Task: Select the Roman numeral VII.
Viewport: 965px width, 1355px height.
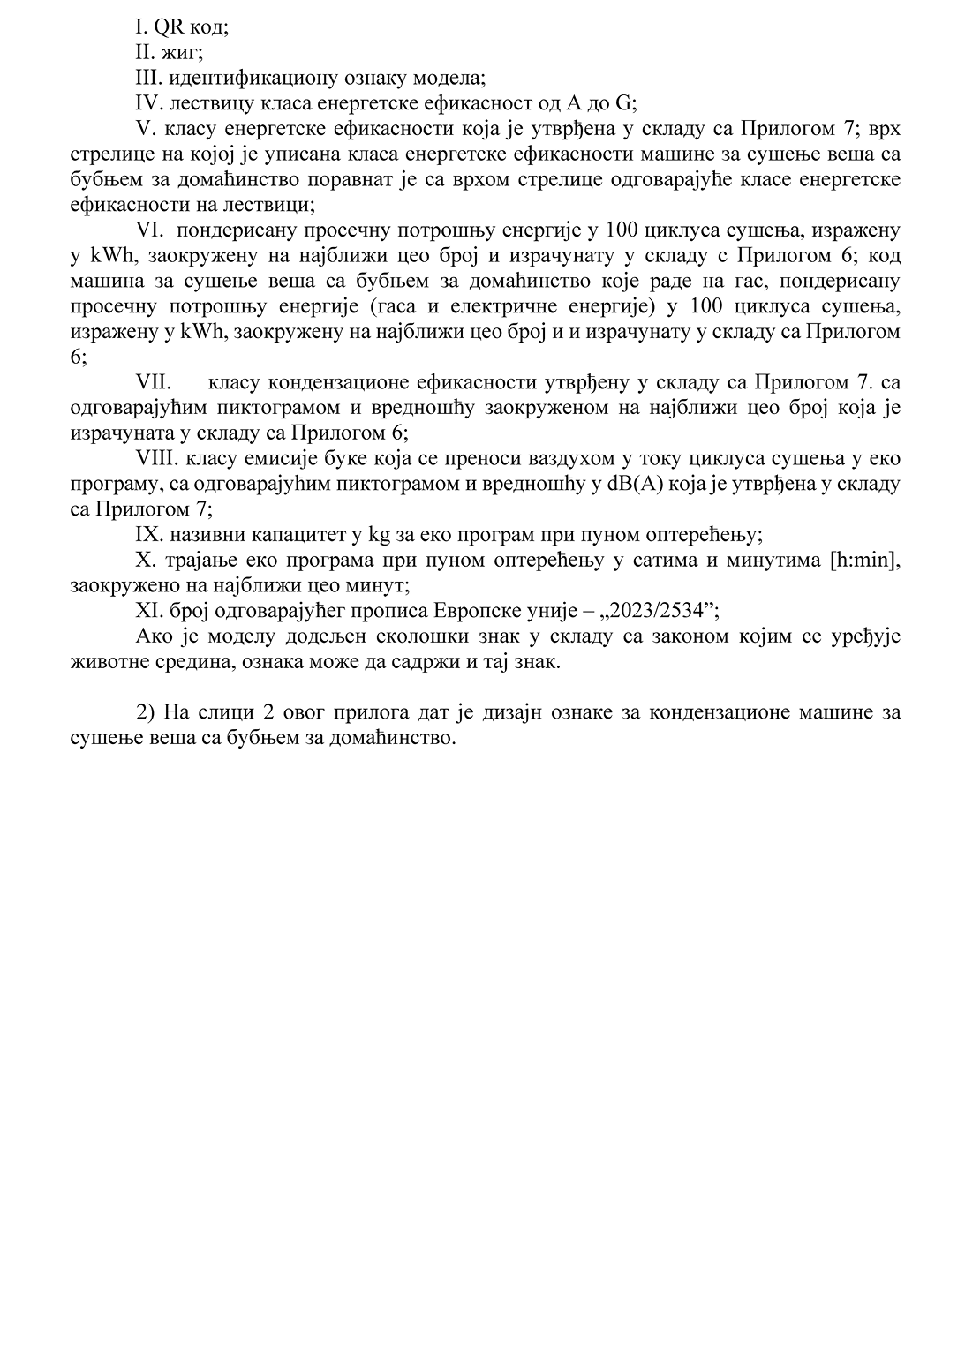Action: click(x=154, y=383)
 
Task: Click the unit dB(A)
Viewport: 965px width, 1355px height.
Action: click(x=629, y=485)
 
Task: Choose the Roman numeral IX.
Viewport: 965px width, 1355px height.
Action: click(x=147, y=535)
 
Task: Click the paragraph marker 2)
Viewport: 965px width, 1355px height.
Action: click(x=144, y=712)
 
